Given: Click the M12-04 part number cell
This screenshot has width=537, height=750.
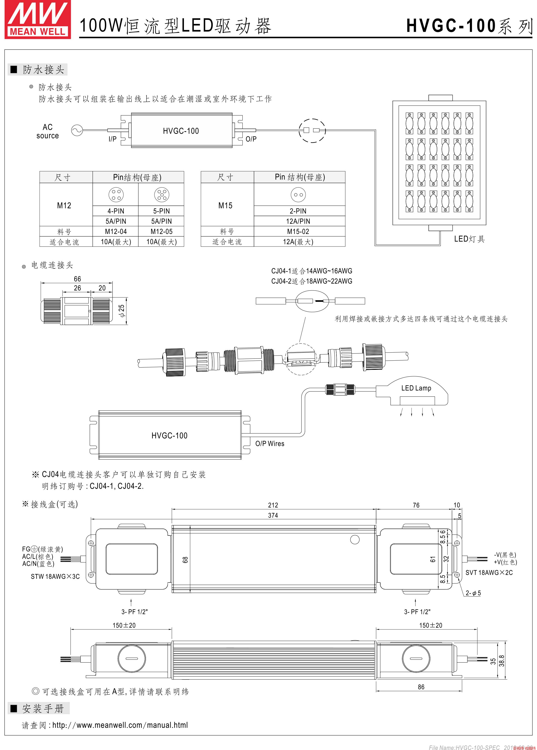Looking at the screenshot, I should pyautogui.click(x=116, y=231).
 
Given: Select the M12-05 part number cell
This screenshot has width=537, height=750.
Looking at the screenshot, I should pyautogui.click(x=161, y=231).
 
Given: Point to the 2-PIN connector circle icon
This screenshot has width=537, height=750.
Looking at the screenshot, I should pyautogui.click(x=298, y=195).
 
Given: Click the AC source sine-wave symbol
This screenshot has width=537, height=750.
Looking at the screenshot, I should pyautogui.click(x=77, y=131).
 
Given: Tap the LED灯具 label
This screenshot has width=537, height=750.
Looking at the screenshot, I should pyautogui.click(x=469, y=239).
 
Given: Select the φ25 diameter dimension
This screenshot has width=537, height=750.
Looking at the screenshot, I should pyautogui.click(x=122, y=311).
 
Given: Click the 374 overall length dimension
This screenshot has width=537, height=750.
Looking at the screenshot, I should pyautogui.click(x=273, y=515).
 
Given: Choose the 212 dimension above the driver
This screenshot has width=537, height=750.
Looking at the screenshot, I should pyautogui.click(x=273, y=505).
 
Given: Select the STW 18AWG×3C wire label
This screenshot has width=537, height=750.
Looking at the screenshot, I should pyautogui.click(x=55, y=576).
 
